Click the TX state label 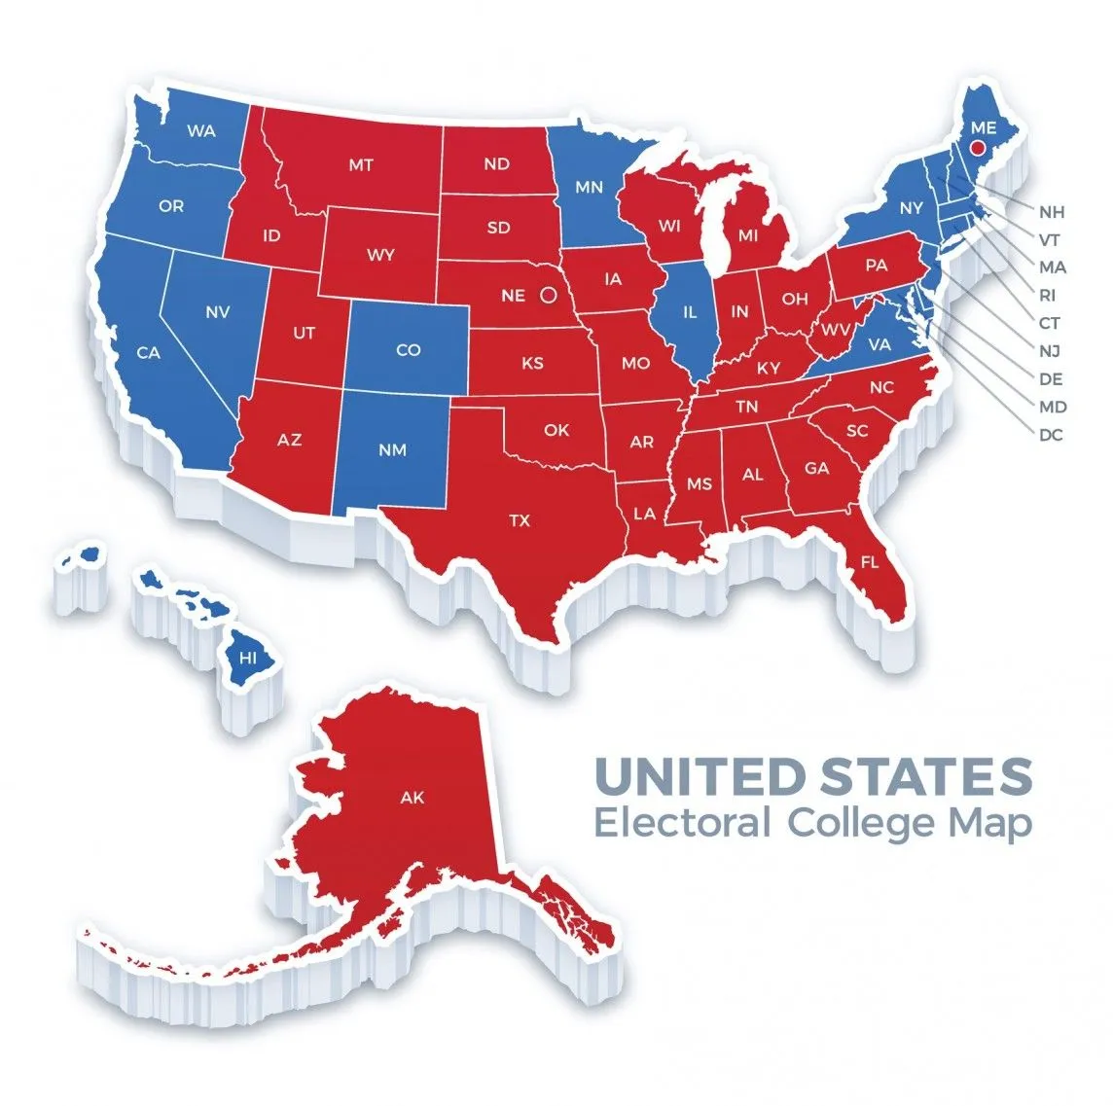[x=521, y=521]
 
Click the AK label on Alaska [x=413, y=798]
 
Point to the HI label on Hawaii [x=248, y=659]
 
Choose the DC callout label [x=1051, y=435]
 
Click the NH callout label [x=1052, y=211]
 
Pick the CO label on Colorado [x=409, y=349]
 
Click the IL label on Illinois [x=690, y=313]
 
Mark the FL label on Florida [x=869, y=562]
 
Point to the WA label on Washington [x=201, y=130]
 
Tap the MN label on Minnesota [x=589, y=187]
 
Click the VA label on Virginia [x=880, y=344]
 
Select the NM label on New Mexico [x=394, y=450]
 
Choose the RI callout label [x=1048, y=295]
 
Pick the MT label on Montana [x=361, y=165]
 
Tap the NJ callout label [x=1050, y=351]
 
